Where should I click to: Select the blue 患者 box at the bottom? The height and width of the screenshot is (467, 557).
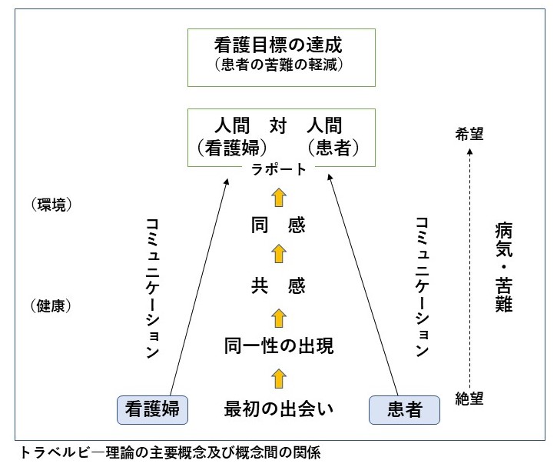[404, 409]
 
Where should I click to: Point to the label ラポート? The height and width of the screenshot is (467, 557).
[279, 170]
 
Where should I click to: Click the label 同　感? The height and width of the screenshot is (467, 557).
[279, 226]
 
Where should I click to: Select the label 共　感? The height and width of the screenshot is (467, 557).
[279, 286]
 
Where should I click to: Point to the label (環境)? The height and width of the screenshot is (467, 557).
[52, 205]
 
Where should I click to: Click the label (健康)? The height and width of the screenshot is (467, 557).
[52, 306]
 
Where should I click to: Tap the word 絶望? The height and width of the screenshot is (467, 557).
[469, 399]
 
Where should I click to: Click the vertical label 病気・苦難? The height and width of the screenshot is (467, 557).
[503, 266]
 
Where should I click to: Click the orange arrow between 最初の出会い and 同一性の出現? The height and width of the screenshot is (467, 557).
[279, 377]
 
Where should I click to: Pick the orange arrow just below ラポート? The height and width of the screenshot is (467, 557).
[279, 197]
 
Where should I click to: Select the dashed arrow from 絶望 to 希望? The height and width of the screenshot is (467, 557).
[469, 265]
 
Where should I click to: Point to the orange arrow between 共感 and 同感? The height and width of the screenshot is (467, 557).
[279, 256]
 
